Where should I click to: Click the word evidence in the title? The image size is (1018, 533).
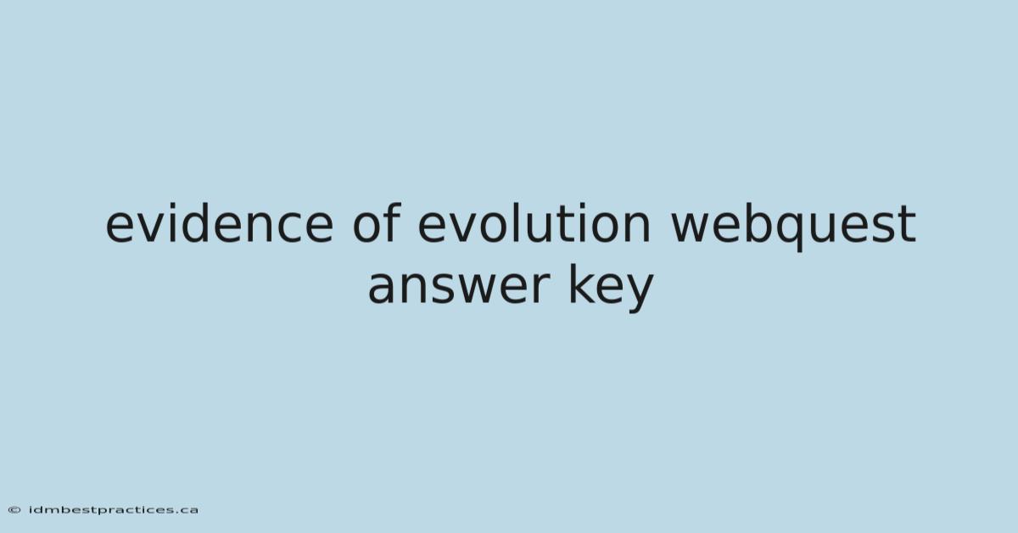(x=220, y=223)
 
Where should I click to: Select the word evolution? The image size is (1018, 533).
(x=534, y=223)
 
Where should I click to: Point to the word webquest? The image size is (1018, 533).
(x=793, y=226)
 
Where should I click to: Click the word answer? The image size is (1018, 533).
(x=459, y=288)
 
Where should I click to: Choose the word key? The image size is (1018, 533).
(x=612, y=288)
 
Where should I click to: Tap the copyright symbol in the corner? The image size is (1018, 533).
(x=14, y=510)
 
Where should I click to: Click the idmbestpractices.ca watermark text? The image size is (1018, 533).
(x=114, y=510)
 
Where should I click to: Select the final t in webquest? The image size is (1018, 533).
(x=907, y=224)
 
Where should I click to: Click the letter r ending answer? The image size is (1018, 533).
(x=541, y=288)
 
